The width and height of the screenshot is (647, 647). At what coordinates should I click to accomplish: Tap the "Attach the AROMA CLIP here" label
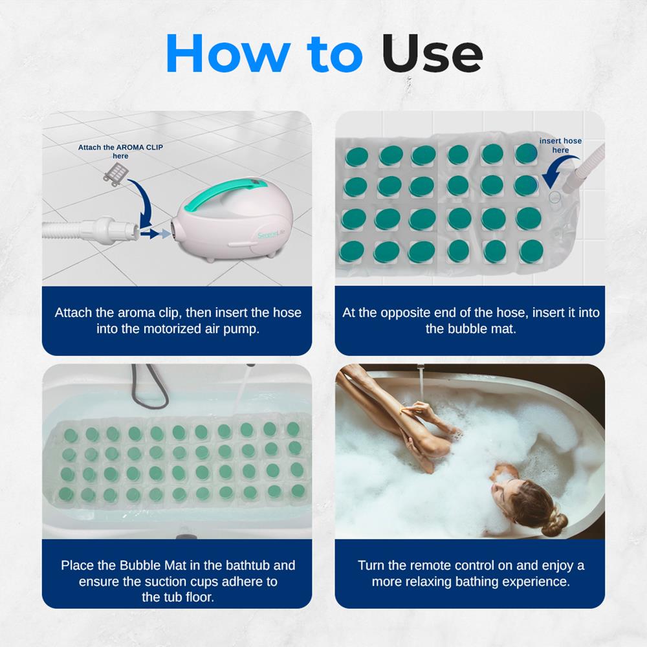point(120,151)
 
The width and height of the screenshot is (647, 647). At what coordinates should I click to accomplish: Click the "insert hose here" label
point(560,146)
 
